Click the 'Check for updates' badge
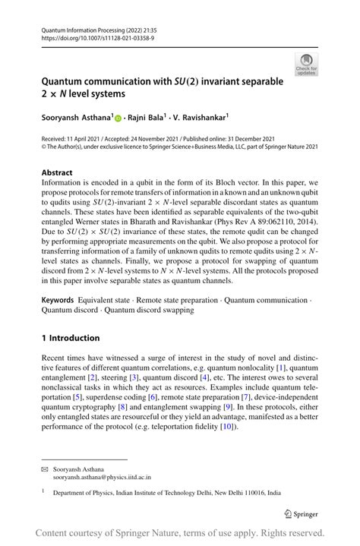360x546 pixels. (307, 65)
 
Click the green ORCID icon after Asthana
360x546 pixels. (120, 118)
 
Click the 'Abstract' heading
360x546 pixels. (58, 173)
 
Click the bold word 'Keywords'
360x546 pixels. (58, 302)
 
